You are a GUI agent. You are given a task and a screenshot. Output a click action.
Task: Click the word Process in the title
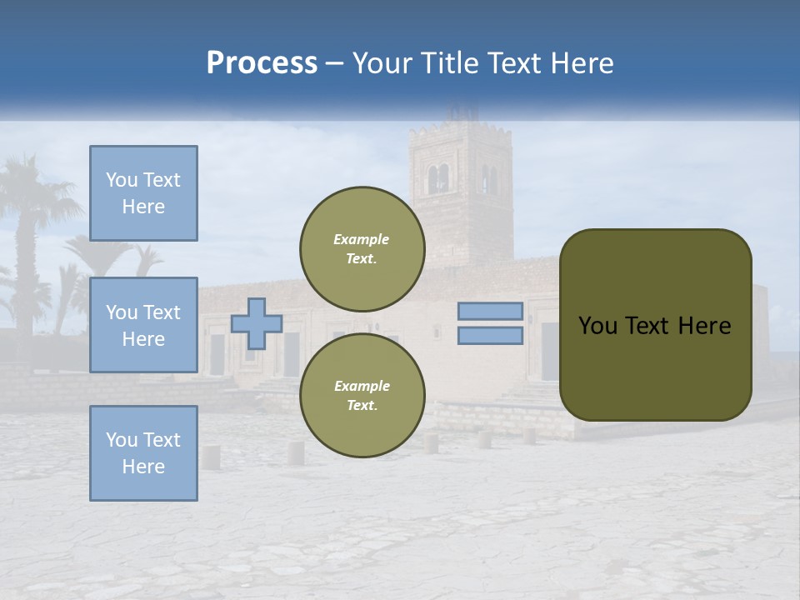pyautogui.click(x=262, y=63)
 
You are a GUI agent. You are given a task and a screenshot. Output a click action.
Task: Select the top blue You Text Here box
pyautogui.click(x=143, y=193)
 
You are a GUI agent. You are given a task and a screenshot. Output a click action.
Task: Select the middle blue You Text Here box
pyautogui.click(x=143, y=325)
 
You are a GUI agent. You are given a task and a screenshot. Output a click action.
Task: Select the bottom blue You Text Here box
pyautogui.click(x=143, y=452)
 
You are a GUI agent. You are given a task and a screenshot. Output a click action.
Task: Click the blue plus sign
pyautogui.click(x=257, y=323)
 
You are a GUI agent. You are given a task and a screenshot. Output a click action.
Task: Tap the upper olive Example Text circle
pyautogui.click(x=362, y=248)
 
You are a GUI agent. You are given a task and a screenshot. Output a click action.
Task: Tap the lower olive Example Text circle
pyautogui.click(x=362, y=395)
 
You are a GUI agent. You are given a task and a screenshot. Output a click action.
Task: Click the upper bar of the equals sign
pyautogui.click(x=491, y=311)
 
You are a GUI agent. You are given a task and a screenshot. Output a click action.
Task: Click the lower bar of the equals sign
pyautogui.click(x=491, y=335)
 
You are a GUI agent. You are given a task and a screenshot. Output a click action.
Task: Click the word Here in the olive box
pyautogui.click(x=704, y=326)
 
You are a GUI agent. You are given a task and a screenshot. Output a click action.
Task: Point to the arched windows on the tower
pyautogui.click(x=438, y=178)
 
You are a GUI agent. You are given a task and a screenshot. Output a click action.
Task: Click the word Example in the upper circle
pyautogui.click(x=362, y=239)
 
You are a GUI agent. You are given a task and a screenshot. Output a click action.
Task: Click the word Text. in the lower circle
pyautogui.click(x=362, y=405)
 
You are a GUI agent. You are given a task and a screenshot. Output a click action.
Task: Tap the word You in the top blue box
pyautogui.click(x=120, y=180)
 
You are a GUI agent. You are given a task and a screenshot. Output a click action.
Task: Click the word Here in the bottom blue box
pyautogui.click(x=143, y=467)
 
